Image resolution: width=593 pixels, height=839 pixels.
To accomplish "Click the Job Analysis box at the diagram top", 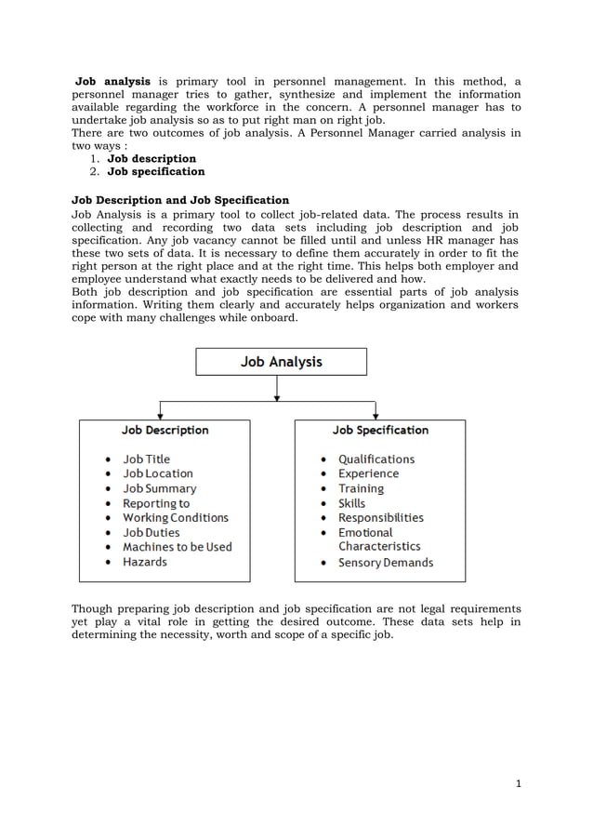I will [x=281, y=362].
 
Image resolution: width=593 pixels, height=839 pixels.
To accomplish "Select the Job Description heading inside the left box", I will [x=165, y=431].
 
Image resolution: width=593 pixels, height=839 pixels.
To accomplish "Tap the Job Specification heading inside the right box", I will [x=380, y=431].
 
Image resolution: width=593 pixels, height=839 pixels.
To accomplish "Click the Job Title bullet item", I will [x=147, y=459].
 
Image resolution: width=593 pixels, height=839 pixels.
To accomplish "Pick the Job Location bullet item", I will [x=158, y=473].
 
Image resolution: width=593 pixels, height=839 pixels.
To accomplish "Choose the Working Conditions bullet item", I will [x=175, y=517].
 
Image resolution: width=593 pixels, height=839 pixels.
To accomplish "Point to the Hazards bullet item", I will [x=145, y=562].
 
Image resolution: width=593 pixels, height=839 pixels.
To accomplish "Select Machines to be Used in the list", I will [x=177, y=547].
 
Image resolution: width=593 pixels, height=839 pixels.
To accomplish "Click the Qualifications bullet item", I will [x=376, y=459].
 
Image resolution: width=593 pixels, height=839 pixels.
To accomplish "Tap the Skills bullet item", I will [x=351, y=503].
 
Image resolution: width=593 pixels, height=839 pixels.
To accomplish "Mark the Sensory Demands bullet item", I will [x=385, y=563].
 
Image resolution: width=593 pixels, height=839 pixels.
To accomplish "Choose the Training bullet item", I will [x=361, y=488].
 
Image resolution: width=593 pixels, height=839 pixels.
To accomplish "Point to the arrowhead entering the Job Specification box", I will [x=375, y=415].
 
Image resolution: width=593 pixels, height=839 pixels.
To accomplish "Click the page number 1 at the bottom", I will [x=519, y=783].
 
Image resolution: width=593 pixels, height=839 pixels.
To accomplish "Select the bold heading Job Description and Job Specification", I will [x=180, y=200].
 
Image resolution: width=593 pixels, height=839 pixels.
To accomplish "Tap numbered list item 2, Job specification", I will [x=155, y=171].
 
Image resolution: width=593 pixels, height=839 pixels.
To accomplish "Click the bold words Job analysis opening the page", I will [x=112, y=82].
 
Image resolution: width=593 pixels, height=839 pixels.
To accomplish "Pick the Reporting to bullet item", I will [x=156, y=503].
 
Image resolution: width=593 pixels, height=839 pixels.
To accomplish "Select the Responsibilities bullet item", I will [x=380, y=517].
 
